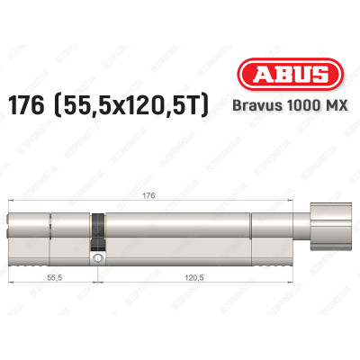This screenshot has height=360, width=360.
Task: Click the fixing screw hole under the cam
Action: pos(96,259)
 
